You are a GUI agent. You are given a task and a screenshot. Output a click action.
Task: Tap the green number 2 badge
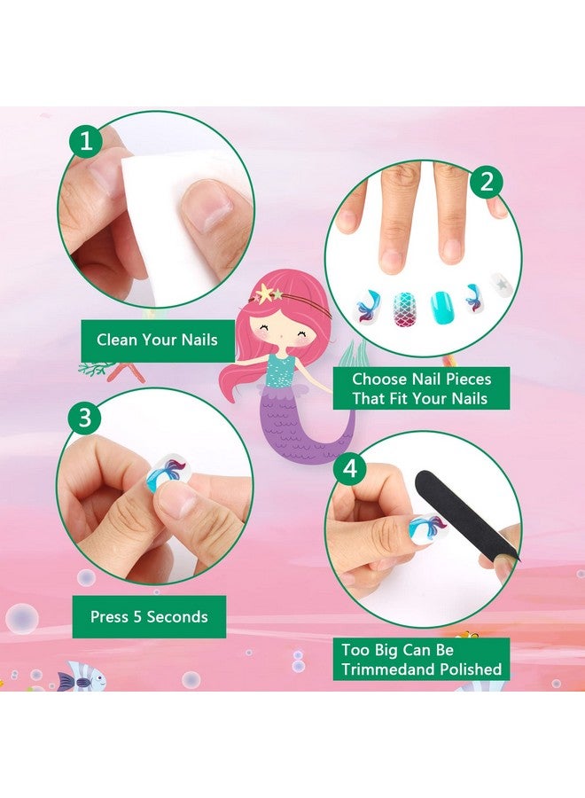tap(486, 183)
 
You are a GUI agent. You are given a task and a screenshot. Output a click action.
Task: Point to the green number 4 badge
tap(351, 468)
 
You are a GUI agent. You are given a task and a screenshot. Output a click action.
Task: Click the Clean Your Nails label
tap(157, 339)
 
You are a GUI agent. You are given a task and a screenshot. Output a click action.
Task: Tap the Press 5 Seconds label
tap(149, 616)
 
